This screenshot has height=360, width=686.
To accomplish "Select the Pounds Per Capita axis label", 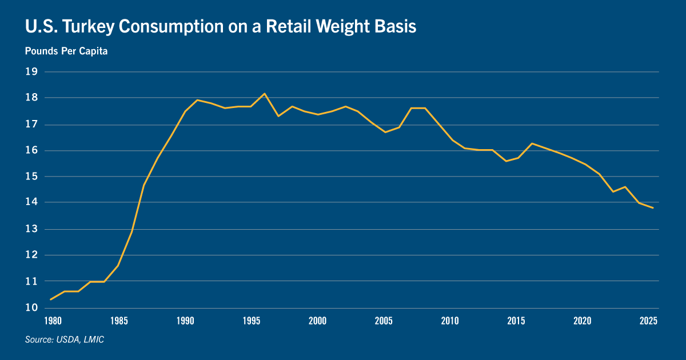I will (x=66, y=51).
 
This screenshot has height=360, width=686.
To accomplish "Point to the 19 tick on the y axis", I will (x=31, y=72).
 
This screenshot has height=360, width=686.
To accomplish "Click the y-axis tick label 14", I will (x=31, y=202).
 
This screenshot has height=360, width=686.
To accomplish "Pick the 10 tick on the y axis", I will (x=31, y=307).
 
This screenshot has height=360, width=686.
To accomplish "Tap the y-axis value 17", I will (x=31, y=124).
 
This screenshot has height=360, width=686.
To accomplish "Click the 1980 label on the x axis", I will (x=52, y=321).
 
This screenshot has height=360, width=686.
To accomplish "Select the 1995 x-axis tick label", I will (x=251, y=321).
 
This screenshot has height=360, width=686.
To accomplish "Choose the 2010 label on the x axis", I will (x=450, y=321).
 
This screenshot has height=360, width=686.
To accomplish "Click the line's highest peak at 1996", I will (x=264, y=94).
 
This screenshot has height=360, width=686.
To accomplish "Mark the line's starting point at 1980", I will (x=51, y=299).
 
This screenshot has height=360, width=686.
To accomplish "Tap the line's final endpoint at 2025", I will (x=653, y=207).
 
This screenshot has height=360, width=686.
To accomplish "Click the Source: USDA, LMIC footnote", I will (x=64, y=340).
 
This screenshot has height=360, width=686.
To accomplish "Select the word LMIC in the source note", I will (x=93, y=340).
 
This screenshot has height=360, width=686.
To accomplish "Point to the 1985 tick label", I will (x=118, y=321).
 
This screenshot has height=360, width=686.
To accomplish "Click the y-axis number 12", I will (x=31, y=255).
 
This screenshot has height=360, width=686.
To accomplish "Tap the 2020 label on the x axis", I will (x=583, y=321).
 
